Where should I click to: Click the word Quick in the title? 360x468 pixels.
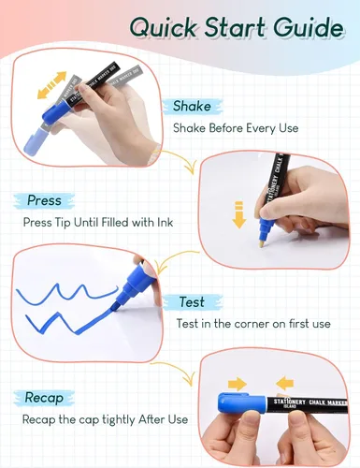pyautogui.click(x=163, y=27)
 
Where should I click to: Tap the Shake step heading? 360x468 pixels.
pyautogui.click(x=192, y=106)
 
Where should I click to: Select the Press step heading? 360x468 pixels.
pyautogui.click(x=44, y=200)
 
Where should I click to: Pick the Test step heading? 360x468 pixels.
pyautogui.click(x=192, y=302)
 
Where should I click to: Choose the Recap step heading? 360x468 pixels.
pyautogui.click(x=44, y=398)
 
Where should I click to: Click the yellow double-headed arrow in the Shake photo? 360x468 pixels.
pyautogui.click(x=51, y=85)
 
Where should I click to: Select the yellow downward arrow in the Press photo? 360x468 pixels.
pyautogui.click(x=239, y=215)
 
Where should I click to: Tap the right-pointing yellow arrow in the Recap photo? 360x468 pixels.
pyautogui.click(x=238, y=384)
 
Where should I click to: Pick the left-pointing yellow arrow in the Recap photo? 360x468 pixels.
pyautogui.click(x=285, y=384)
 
